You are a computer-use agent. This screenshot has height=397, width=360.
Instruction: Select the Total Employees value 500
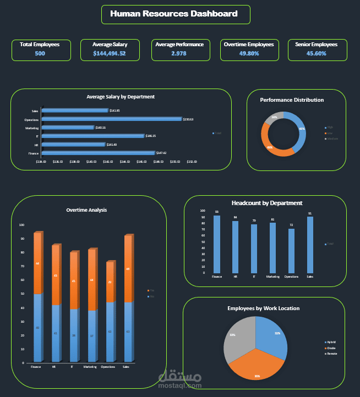(40, 54)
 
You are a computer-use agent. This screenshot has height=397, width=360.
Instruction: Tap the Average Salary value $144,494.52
(110, 54)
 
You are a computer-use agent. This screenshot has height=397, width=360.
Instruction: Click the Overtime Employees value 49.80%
(249, 54)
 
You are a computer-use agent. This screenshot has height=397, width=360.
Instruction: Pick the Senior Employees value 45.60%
(317, 54)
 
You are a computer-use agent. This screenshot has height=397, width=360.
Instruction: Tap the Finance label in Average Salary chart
(35, 153)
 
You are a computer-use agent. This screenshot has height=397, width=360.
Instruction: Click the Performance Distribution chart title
(292, 100)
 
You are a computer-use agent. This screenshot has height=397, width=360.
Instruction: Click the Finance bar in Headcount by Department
(217, 244)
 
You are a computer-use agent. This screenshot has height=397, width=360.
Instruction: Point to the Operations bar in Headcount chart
(291, 251)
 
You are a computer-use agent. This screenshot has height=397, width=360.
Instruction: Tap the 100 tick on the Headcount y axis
(202, 211)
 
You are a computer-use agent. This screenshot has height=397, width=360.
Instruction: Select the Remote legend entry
(332, 354)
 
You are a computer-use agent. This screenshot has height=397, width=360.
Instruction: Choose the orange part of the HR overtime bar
(55, 275)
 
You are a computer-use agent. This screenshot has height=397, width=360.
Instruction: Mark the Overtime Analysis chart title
(86, 210)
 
